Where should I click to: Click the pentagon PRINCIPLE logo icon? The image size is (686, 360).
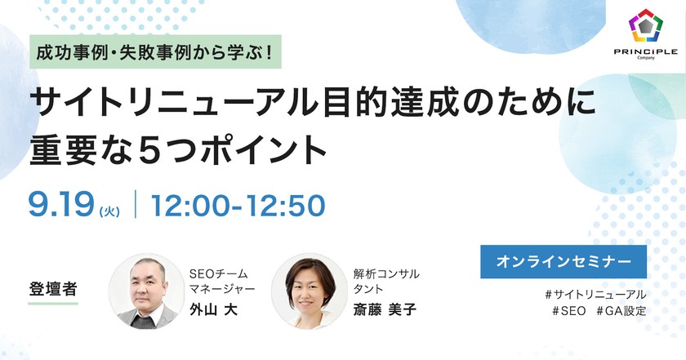point(645,27)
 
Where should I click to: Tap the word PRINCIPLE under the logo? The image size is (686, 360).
point(645,52)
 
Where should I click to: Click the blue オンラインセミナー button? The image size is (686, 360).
point(563,262)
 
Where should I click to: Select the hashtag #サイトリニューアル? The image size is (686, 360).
point(595,294)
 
